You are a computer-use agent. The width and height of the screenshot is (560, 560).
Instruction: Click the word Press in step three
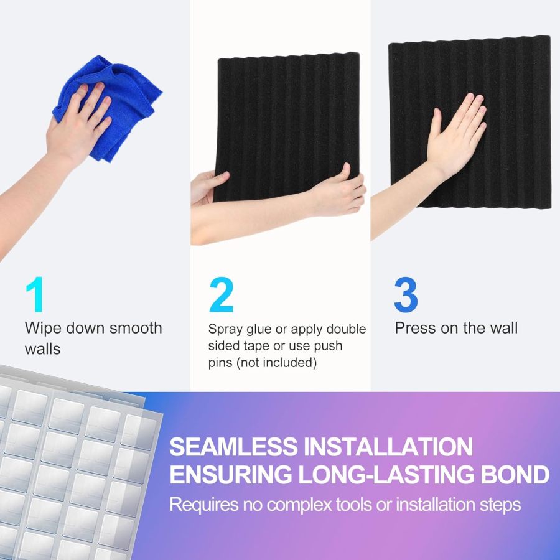point(415,328)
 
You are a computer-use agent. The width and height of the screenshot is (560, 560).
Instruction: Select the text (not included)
point(263,363)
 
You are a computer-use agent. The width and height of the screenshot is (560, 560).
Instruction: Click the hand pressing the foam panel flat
point(457,134)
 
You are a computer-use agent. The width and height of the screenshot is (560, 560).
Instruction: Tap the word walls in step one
point(42,349)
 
